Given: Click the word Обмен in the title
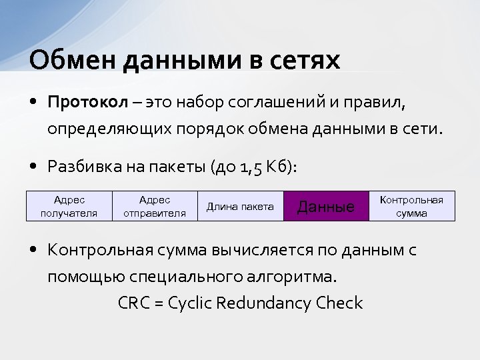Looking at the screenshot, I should pos(63,60).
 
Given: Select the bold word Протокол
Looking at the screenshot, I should pos(87,103).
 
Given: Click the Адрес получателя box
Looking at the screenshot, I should pos(69,206).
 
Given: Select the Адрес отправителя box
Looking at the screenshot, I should pos(155,206).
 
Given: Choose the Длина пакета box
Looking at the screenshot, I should pos(240,206).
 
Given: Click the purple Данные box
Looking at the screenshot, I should pos(325,206).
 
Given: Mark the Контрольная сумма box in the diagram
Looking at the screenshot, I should pos(411,206).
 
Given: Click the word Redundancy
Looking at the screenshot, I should pos(267,303).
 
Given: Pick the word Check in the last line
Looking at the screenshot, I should pos(339,303).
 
